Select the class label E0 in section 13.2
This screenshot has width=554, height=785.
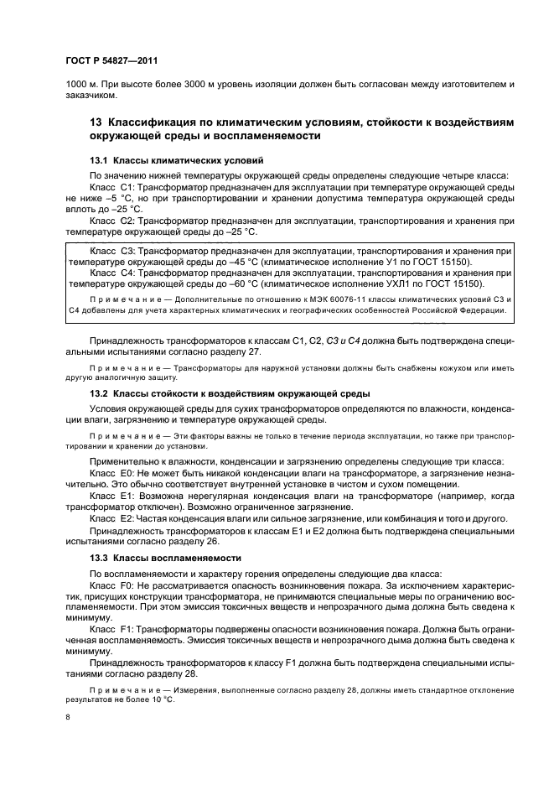tap(126, 472)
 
